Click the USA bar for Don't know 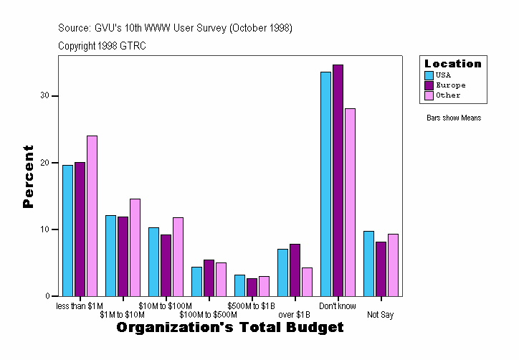(325, 184)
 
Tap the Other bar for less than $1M (92, 216)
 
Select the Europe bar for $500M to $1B (252, 287)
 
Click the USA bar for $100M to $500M (196, 281)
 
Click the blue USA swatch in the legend (429, 75)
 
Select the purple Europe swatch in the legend (429, 85)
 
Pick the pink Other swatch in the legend (429, 95)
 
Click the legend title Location (453, 64)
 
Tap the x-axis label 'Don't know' (338, 306)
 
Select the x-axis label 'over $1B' (294, 315)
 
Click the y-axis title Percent (28, 176)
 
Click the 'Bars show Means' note (454, 118)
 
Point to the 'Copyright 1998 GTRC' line (102, 46)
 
